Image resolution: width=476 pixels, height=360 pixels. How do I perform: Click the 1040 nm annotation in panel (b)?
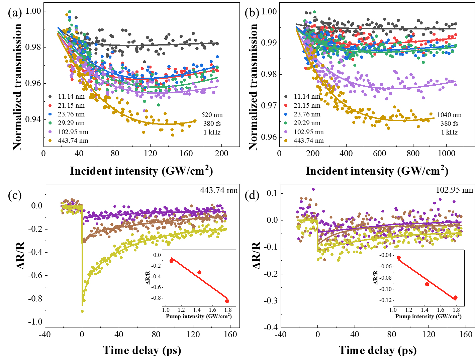click(449, 115)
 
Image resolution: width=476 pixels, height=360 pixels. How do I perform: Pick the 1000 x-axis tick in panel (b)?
click(447, 154)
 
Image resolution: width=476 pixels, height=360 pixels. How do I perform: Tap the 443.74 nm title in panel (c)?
click(219, 190)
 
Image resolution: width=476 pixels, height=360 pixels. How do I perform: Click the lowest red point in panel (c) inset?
click(227, 301)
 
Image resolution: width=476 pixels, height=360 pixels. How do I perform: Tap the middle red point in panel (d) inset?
click(427, 284)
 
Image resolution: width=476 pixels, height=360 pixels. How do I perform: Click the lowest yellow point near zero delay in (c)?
click(82, 311)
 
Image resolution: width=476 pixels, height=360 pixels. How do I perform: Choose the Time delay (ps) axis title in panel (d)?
click(378, 350)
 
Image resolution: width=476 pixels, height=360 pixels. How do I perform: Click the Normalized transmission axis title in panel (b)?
click(253, 87)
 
